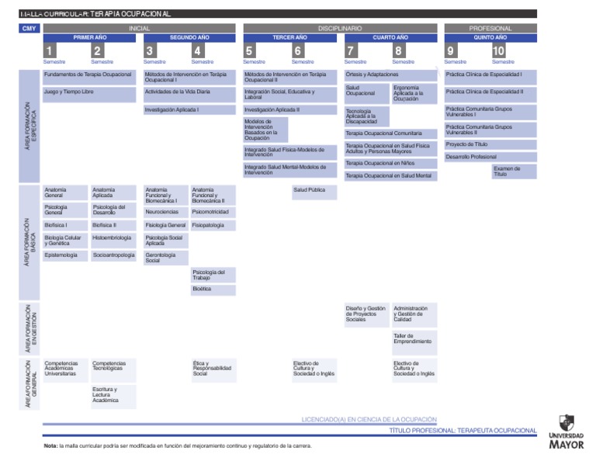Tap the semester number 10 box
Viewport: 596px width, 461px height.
tap(498, 50)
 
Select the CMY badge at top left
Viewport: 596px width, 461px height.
tap(29, 29)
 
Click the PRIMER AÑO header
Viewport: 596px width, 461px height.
tap(89, 37)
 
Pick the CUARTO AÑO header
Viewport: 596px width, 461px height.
tap(390, 37)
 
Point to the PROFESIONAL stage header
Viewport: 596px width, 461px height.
tap(490, 28)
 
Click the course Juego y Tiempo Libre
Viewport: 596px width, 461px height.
tap(89, 94)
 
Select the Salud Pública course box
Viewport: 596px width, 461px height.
tap(314, 190)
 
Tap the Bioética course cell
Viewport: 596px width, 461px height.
tap(213, 289)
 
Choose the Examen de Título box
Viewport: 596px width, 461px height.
tap(514, 172)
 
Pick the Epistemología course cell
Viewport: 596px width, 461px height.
tap(65, 255)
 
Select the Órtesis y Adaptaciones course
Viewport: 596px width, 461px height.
tap(390, 75)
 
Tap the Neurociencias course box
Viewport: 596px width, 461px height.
tap(166, 211)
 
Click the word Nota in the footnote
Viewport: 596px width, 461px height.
tap(51, 445)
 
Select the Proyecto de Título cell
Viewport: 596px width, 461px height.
tap(490, 144)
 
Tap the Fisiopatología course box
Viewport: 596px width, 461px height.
tap(213, 225)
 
